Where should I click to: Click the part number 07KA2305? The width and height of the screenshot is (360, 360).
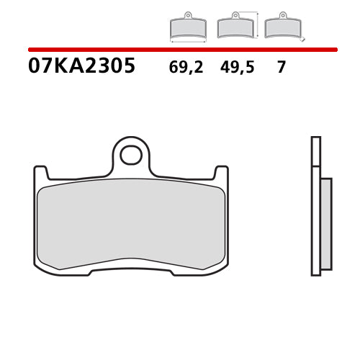(81, 67)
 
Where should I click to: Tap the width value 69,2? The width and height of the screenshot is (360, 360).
(186, 68)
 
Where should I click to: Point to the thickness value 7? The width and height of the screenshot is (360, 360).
(282, 68)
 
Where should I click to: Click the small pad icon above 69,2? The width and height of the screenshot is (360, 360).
(187, 27)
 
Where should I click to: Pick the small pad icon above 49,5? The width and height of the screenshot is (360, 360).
(235, 27)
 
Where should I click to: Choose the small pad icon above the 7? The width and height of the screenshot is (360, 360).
(282, 27)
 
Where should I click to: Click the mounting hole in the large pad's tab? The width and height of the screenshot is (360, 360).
(130, 154)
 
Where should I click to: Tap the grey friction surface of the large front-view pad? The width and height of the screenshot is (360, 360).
(131, 223)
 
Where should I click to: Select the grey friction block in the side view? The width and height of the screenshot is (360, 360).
(325, 223)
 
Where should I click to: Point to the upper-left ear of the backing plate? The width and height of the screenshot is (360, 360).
(41, 173)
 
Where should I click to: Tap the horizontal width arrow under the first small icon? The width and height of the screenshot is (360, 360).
(187, 42)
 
